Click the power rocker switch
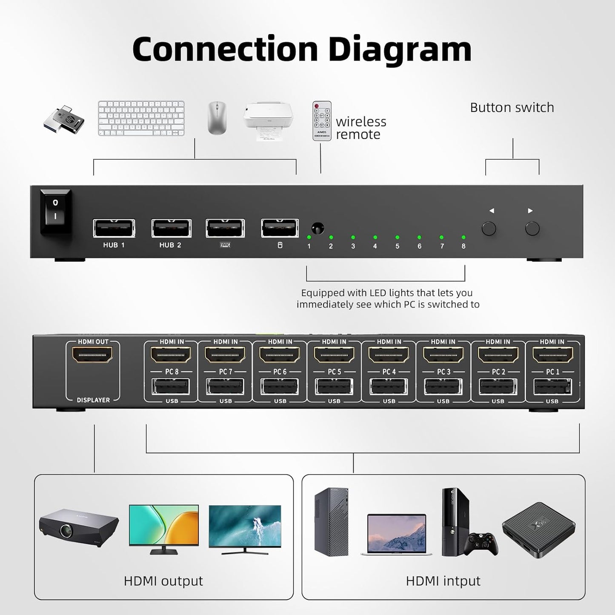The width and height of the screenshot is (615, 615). coord(55,211)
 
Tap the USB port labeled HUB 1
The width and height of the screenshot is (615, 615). coord(114,229)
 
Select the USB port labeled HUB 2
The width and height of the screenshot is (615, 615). coord(171,229)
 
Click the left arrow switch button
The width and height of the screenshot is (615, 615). coord(489,229)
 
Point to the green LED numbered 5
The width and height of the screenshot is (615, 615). coord(397,237)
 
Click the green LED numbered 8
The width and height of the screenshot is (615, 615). coord(463,237)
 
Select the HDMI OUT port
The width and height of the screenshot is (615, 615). coord(93,355)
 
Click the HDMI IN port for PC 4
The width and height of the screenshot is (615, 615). coord(389,355)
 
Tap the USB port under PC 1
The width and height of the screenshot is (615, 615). coord(552,387)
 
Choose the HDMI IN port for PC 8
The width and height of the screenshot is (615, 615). coord(172,355)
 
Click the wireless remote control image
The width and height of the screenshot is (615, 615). coord(322,121)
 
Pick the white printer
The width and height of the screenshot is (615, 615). coord(268,120)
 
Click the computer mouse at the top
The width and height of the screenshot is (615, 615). coord(217,118)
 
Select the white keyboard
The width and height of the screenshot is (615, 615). coord(141,118)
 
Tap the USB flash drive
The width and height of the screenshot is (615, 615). coord(64,119)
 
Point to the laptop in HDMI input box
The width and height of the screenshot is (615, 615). coord(396,535)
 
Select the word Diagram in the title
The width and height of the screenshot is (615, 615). coord(400,50)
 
